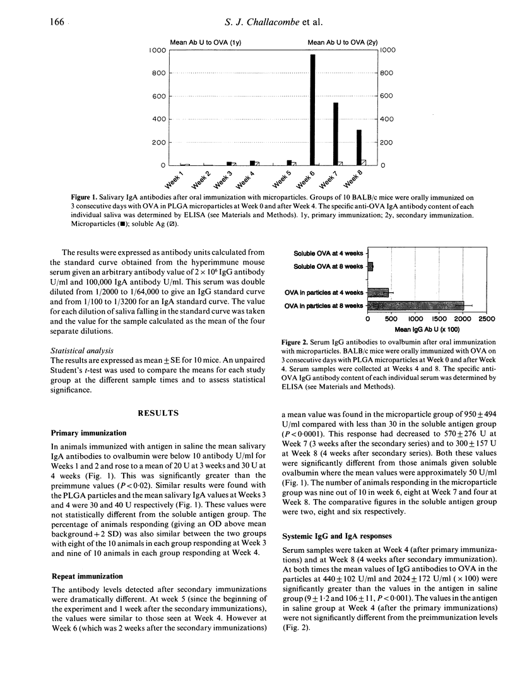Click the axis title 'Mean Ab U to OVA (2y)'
tap(340, 42)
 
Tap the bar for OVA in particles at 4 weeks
tap(378, 292)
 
